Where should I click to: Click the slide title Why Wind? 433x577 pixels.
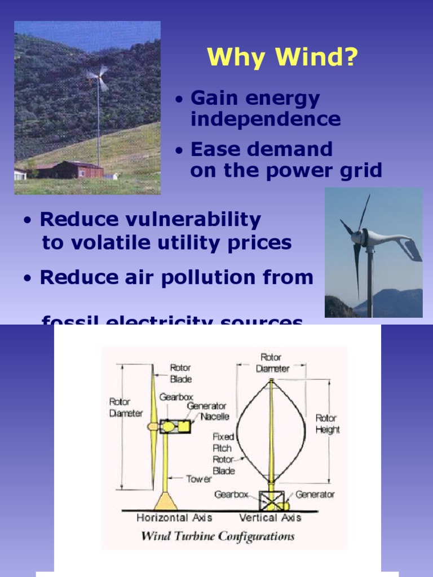[282, 57]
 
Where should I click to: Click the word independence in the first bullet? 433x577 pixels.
[266, 119]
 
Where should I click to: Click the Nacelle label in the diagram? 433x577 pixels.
[215, 417]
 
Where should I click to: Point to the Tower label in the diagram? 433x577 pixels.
[199, 479]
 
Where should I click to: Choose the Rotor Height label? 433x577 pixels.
[327, 424]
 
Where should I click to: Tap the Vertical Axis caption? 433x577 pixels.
[270, 518]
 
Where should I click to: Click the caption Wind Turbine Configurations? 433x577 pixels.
[217, 536]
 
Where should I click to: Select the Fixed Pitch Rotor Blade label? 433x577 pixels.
[223, 454]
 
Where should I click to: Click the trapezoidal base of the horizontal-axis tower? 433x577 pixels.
[165, 501]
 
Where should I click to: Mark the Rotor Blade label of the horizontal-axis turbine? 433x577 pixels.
[181, 374]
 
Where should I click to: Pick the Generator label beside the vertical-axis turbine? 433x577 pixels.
[315, 494]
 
